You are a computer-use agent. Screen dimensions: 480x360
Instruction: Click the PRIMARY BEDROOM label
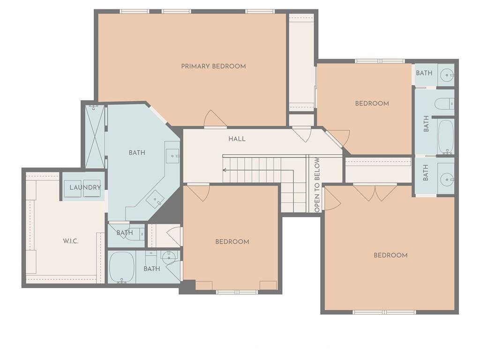(213, 66)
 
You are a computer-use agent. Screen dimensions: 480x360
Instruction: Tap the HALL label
(237, 139)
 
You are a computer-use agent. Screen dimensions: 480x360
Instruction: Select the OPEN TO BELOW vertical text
(317, 185)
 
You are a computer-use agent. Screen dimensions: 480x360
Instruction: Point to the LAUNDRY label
(85, 187)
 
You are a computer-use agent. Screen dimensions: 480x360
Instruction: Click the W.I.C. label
(71, 241)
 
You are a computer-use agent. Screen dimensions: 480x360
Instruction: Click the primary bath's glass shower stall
(95, 136)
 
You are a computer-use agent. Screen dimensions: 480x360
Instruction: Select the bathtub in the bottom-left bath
(122, 267)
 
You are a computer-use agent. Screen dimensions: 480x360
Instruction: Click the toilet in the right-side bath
(444, 104)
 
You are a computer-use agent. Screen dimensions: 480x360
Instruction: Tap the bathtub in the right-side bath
(446, 136)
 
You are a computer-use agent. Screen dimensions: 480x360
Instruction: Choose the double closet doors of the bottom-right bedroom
(375, 193)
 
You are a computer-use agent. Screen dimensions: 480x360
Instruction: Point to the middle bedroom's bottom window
(237, 292)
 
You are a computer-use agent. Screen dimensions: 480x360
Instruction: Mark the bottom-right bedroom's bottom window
(384, 312)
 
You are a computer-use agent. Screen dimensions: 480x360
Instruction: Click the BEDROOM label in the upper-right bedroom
(372, 104)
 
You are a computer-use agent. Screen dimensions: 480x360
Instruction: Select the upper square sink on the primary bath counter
(172, 156)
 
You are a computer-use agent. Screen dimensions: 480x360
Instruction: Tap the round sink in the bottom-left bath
(168, 256)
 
